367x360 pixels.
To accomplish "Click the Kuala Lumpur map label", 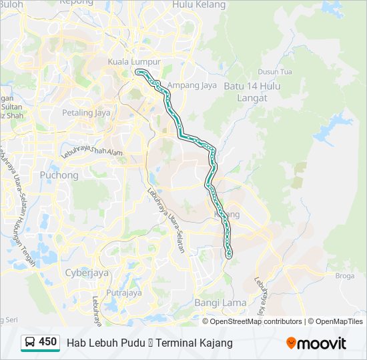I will click(x=134, y=62).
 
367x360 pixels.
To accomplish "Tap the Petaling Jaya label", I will click(x=86, y=113).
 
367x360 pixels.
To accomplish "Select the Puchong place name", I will click(x=59, y=175).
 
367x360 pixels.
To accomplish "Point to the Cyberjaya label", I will click(x=87, y=272).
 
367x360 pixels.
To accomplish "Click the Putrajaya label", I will click(x=124, y=292).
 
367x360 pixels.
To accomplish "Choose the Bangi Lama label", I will click(x=220, y=303).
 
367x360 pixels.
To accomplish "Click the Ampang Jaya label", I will click(x=190, y=85).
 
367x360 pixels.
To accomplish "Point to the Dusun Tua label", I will click(x=275, y=72).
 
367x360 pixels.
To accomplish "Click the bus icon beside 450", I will click(x=30, y=343).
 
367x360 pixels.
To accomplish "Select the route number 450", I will click(x=48, y=342).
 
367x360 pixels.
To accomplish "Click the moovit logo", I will click(x=316, y=343).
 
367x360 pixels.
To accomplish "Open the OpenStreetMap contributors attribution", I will click(x=256, y=321).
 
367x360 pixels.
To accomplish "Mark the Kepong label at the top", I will click(x=77, y=3).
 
